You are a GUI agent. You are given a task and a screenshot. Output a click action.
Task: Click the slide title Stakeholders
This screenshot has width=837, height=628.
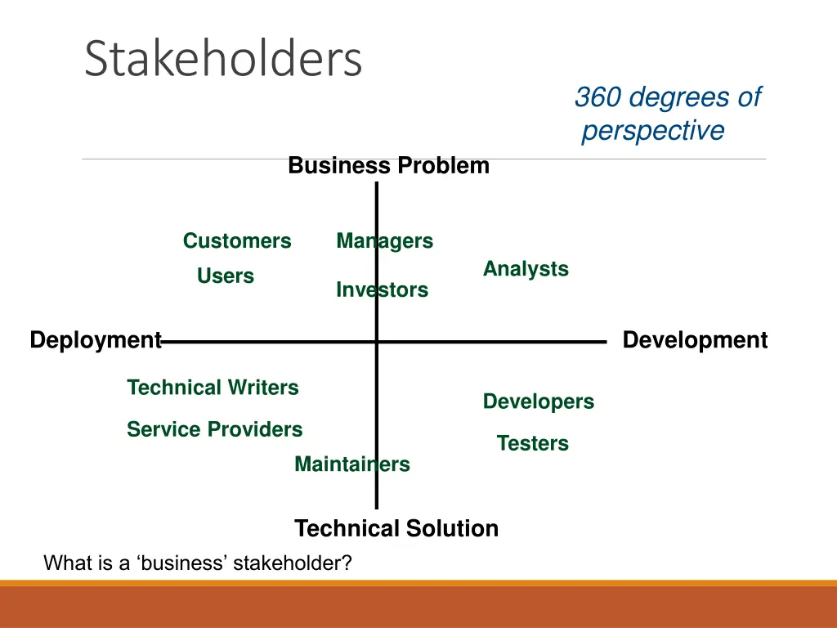pyautogui.click(x=223, y=59)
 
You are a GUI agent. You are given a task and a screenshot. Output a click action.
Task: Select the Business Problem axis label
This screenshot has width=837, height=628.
pyautogui.click(x=388, y=166)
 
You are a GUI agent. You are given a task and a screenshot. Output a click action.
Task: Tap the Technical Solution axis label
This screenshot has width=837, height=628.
pyautogui.click(x=396, y=529)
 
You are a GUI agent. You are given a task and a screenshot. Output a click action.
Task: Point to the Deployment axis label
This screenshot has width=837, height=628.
pyautogui.click(x=96, y=340)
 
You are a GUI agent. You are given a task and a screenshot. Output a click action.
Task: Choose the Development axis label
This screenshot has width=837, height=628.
pyautogui.click(x=695, y=340)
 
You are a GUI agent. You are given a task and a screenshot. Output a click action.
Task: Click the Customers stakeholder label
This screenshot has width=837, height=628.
pyautogui.click(x=237, y=241)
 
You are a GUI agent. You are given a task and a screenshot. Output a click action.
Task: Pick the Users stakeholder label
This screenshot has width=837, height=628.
pyautogui.click(x=226, y=276)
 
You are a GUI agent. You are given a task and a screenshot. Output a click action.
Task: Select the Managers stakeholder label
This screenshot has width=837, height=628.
pyautogui.click(x=384, y=241)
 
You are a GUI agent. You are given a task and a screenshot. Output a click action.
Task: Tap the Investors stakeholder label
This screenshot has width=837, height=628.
pyautogui.click(x=382, y=290)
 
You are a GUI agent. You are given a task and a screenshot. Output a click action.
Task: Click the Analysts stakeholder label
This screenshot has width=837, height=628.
pyautogui.click(x=526, y=269)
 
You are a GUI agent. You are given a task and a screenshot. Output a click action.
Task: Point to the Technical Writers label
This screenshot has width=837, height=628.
pyautogui.click(x=213, y=388)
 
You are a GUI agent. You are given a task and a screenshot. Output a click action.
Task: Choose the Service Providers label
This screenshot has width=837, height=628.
pyautogui.click(x=214, y=429)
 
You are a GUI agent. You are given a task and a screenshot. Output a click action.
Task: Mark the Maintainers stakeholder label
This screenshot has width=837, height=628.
pyautogui.click(x=351, y=464)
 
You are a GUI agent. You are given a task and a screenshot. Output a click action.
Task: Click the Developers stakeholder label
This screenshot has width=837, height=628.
pyautogui.click(x=539, y=401)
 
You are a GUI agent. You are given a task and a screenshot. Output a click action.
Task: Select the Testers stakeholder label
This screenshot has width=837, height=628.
pyautogui.click(x=532, y=443)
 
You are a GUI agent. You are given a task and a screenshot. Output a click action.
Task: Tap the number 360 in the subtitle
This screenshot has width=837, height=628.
pyautogui.click(x=598, y=97)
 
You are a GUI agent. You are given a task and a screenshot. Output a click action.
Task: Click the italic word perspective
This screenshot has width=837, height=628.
pyautogui.click(x=653, y=131)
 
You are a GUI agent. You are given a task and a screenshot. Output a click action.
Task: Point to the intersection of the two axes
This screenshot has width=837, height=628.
pyautogui.click(x=377, y=343)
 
